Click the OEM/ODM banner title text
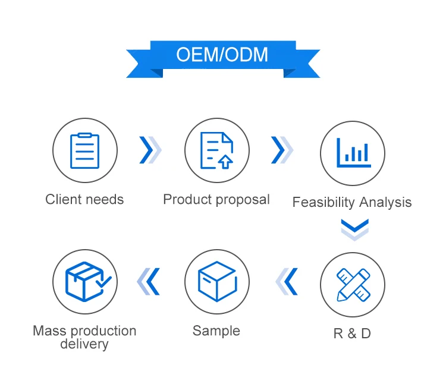tap(222, 55)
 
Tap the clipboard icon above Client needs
tap(84, 150)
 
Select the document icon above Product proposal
tap(216, 150)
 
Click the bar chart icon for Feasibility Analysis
tap(353, 153)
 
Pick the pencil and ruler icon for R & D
tap(353, 284)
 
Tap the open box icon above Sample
tap(216, 281)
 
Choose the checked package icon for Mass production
tap(84, 281)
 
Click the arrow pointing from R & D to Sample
tap(287, 281)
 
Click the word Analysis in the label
tap(385, 203)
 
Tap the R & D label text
tap(352, 334)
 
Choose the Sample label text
tap(216, 331)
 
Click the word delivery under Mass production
tap(84, 344)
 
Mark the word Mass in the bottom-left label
tap(46, 331)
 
